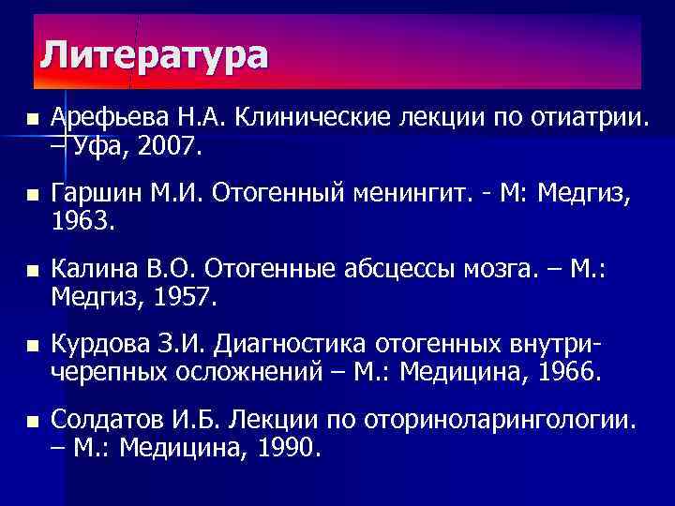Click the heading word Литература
154,55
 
